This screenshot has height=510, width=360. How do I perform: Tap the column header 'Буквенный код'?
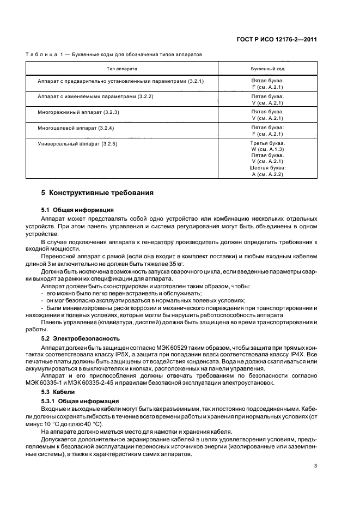pos(267,69)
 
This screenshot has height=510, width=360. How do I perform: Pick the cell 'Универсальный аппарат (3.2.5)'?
pos(78,143)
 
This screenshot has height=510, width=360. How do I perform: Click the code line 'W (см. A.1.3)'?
pos(267,149)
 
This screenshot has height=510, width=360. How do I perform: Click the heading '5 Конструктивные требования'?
pos(97,193)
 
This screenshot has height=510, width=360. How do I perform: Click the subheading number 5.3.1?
pos(49,400)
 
